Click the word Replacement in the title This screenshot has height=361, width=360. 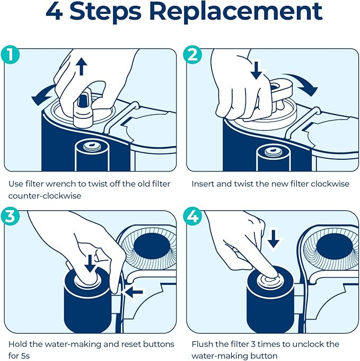pos(236,13)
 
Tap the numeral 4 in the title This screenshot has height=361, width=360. pos(55,12)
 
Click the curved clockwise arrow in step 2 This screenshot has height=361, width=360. pos(301,82)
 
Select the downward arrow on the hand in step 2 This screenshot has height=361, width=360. pos(256,70)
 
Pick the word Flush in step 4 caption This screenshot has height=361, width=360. pos(203,344)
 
